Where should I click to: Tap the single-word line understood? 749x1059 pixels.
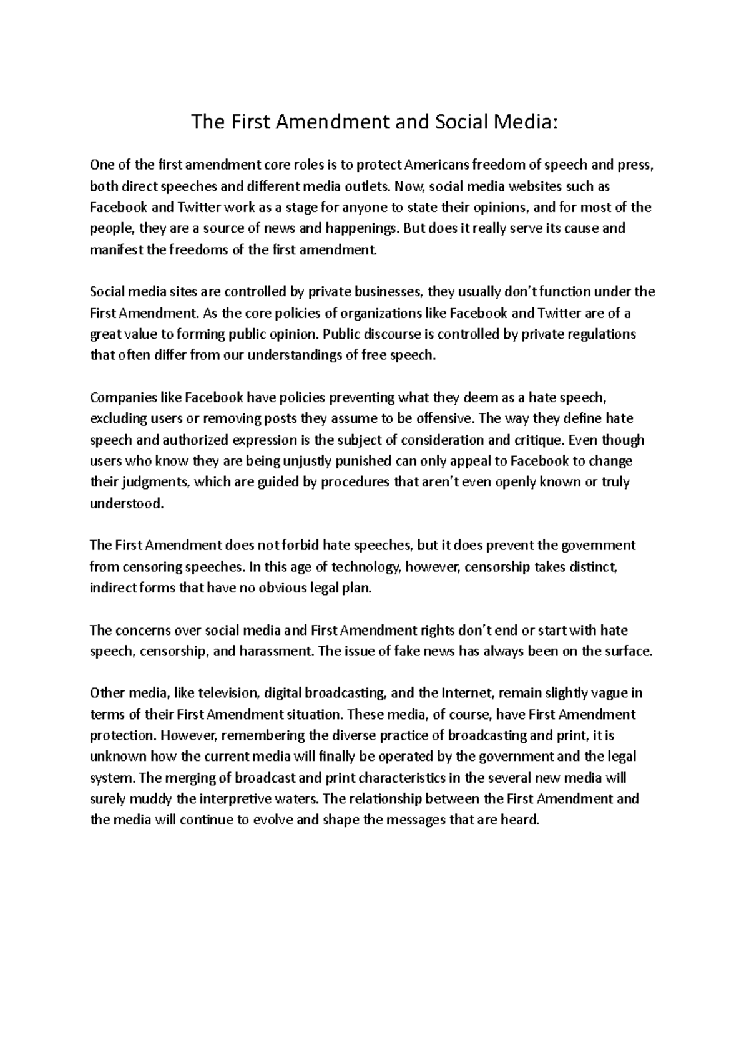[127, 503]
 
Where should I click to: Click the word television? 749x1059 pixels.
[227, 693]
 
